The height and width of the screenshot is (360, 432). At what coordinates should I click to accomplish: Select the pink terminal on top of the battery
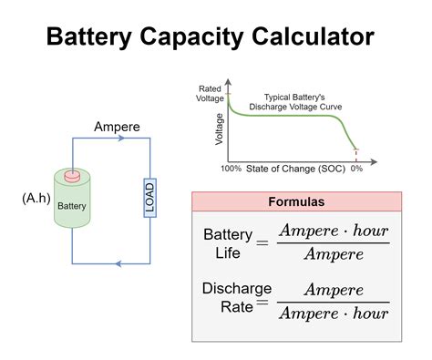point(72,175)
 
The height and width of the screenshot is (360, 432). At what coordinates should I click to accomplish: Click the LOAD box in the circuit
point(149,197)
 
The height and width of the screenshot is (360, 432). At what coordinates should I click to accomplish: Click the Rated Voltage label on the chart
point(211,92)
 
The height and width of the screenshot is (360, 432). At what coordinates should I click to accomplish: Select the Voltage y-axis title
point(220,129)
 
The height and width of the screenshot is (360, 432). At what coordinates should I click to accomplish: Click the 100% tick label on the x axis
point(231,170)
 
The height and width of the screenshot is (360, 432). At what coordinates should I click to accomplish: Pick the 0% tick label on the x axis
point(356,170)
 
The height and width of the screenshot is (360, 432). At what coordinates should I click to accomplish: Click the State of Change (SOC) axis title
point(294,170)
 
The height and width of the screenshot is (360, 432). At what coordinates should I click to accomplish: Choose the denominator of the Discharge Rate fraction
point(333,314)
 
